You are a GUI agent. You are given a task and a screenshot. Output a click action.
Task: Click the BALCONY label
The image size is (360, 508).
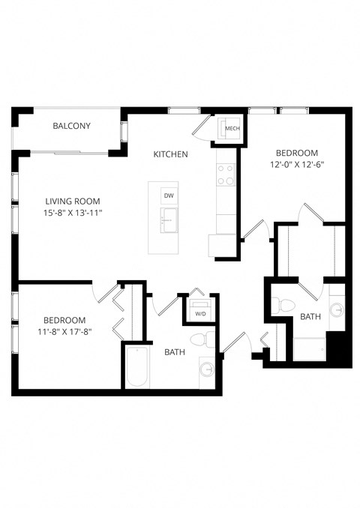71,126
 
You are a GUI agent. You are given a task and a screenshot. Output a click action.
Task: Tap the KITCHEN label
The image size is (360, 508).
170,154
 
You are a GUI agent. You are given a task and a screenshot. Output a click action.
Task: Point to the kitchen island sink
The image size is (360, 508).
167,220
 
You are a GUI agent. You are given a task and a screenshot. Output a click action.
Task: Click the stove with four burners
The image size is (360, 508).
226,175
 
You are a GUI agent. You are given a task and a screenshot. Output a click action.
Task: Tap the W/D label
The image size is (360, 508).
199,314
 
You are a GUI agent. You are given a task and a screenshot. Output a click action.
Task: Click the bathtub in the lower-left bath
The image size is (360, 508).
137,367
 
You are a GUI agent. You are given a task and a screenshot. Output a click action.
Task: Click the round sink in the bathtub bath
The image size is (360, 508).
206,369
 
